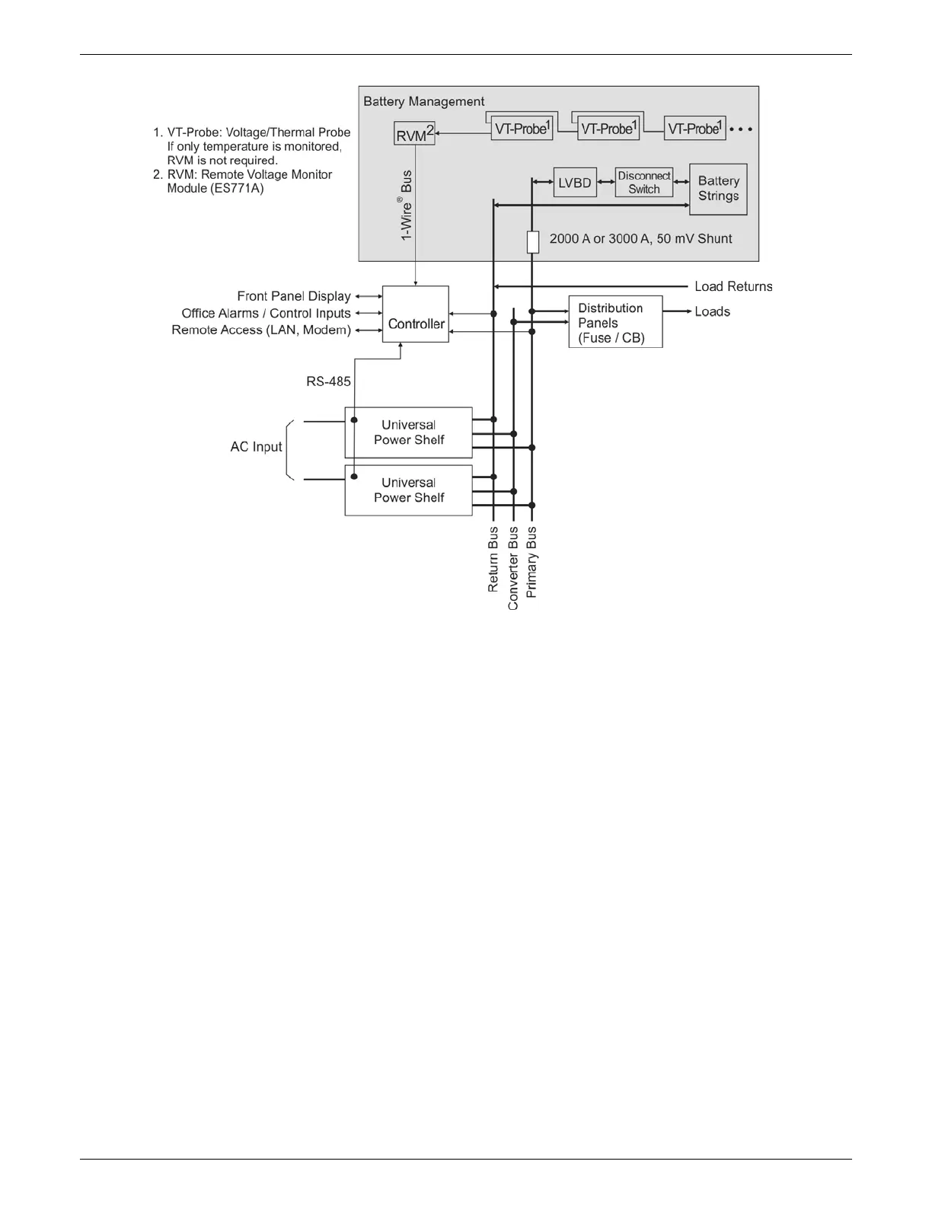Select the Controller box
(415, 314)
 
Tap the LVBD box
(575, 183)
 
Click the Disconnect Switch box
(644, 183)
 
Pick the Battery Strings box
(718, 189)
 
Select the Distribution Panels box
(615, 322)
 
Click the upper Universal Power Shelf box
(408, 432)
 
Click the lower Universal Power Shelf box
(408, 490)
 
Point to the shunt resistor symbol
(533, 242)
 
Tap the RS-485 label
(328, 381)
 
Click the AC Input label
(256, 447)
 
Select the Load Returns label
(733, 286)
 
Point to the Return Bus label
(493, 560)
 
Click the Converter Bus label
(513, 568)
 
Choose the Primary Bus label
(532, 562)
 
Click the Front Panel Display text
(294, 296)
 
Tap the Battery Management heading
(423, 101)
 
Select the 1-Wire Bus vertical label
(407, 206)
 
